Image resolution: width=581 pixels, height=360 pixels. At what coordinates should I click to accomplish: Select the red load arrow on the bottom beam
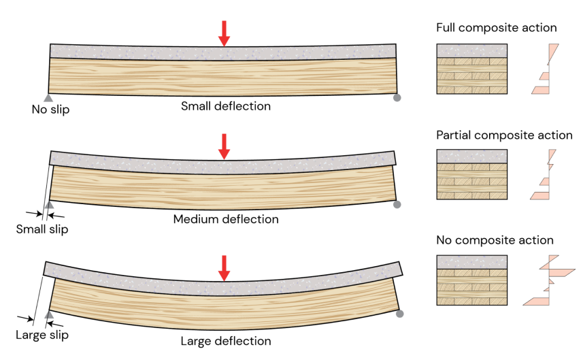pos(224,267)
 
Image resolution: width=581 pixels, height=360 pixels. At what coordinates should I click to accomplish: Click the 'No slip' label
pos(50,109)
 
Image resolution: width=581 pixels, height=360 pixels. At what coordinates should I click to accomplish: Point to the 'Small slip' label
pos(42,229)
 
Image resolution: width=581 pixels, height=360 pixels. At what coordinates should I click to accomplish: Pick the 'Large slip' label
pos(42,335)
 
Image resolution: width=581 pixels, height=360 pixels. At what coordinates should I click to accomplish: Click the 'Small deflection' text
pos(226,106)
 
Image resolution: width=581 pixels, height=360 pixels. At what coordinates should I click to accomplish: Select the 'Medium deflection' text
pos(226,219)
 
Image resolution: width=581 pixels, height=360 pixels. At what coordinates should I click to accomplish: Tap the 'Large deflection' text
pos(226,341)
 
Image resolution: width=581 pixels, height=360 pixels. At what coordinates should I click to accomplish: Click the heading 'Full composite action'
pos(497,28)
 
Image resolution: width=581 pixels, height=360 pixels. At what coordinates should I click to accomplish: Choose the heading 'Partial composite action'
pos(504,135)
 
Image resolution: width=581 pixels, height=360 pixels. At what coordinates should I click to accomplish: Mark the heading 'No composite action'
pos(495,240)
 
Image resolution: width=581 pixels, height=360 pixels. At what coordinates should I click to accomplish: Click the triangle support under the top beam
pos(48,97)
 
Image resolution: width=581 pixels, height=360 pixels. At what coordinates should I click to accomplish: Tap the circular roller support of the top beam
pos(397,97)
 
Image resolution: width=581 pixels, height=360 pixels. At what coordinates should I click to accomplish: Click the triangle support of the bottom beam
pos(48,315)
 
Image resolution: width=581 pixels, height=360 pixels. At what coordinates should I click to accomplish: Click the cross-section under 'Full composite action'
pos(471,69)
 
